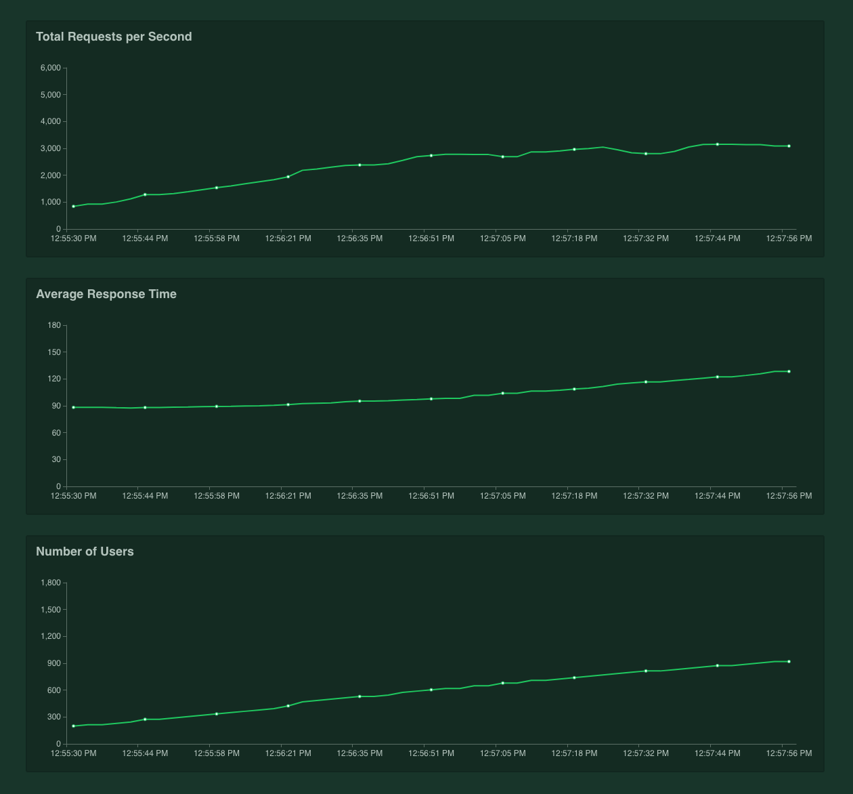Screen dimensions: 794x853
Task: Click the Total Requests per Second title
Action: point(114,37)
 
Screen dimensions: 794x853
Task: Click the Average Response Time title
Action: point(106,294)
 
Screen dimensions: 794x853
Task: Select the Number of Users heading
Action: point(85,551)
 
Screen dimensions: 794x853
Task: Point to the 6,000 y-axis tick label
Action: point(51,68)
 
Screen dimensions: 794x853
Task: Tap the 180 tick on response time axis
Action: point(54,325)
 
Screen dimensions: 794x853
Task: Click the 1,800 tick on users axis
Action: point(51,583)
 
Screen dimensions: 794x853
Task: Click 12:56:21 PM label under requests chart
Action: point(288,238)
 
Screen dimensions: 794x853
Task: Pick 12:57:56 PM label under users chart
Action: point(789,753)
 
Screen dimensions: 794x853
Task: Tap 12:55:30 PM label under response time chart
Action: point(74,496)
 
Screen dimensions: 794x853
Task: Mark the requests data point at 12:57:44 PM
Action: point(718,144)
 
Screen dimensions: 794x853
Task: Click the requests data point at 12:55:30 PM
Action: point(74,207)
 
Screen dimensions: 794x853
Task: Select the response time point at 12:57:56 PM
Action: point(789,371)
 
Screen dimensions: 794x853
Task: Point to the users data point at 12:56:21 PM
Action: point(288,706)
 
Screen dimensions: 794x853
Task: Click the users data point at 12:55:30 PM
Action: point(74,726)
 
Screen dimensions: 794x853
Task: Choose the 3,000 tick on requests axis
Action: point(51,148)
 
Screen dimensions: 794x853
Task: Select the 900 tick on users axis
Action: point(54,663)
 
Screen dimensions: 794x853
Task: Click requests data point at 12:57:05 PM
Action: point(503,156)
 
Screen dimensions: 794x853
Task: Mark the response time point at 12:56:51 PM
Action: point(431,399)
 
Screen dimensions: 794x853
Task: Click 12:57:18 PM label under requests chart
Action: point(574,238)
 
